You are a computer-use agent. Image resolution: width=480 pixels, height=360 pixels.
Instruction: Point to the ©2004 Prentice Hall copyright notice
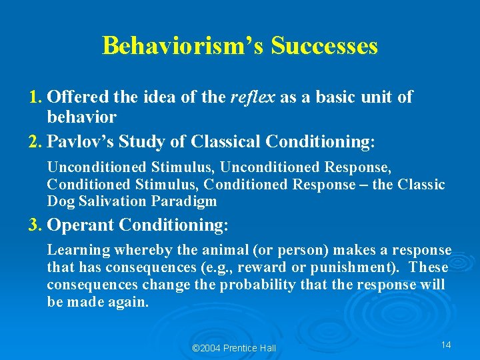click(233, 348)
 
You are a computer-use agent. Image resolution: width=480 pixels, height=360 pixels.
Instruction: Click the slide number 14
click(446, 345)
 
